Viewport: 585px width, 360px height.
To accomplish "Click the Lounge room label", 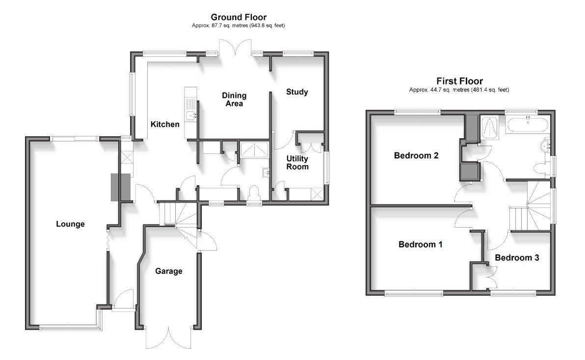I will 70,224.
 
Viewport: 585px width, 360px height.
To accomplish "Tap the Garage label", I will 169,271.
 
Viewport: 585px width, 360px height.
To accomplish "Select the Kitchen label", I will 165,124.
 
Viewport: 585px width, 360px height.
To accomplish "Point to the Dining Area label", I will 234,99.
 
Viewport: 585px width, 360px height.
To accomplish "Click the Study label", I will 297,92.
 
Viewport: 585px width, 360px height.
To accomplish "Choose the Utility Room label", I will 297,162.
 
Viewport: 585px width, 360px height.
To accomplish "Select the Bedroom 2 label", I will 416,156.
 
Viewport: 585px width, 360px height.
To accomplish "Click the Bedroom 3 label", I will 517,257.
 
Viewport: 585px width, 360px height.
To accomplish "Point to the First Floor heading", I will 459,81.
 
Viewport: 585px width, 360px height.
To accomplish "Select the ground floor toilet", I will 254,191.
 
